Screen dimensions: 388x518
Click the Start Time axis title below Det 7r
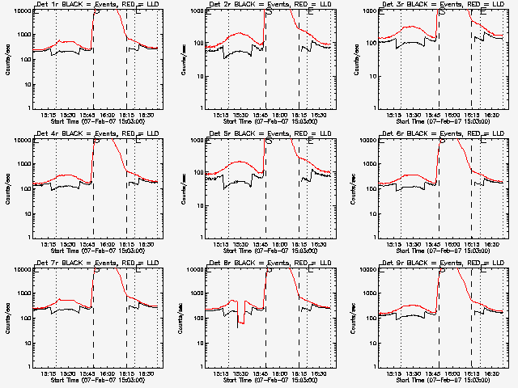[x=97, y=380]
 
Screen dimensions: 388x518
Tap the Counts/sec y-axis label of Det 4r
[x=7, y=188]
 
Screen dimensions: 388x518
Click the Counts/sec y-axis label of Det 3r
[x=352, y=59]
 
